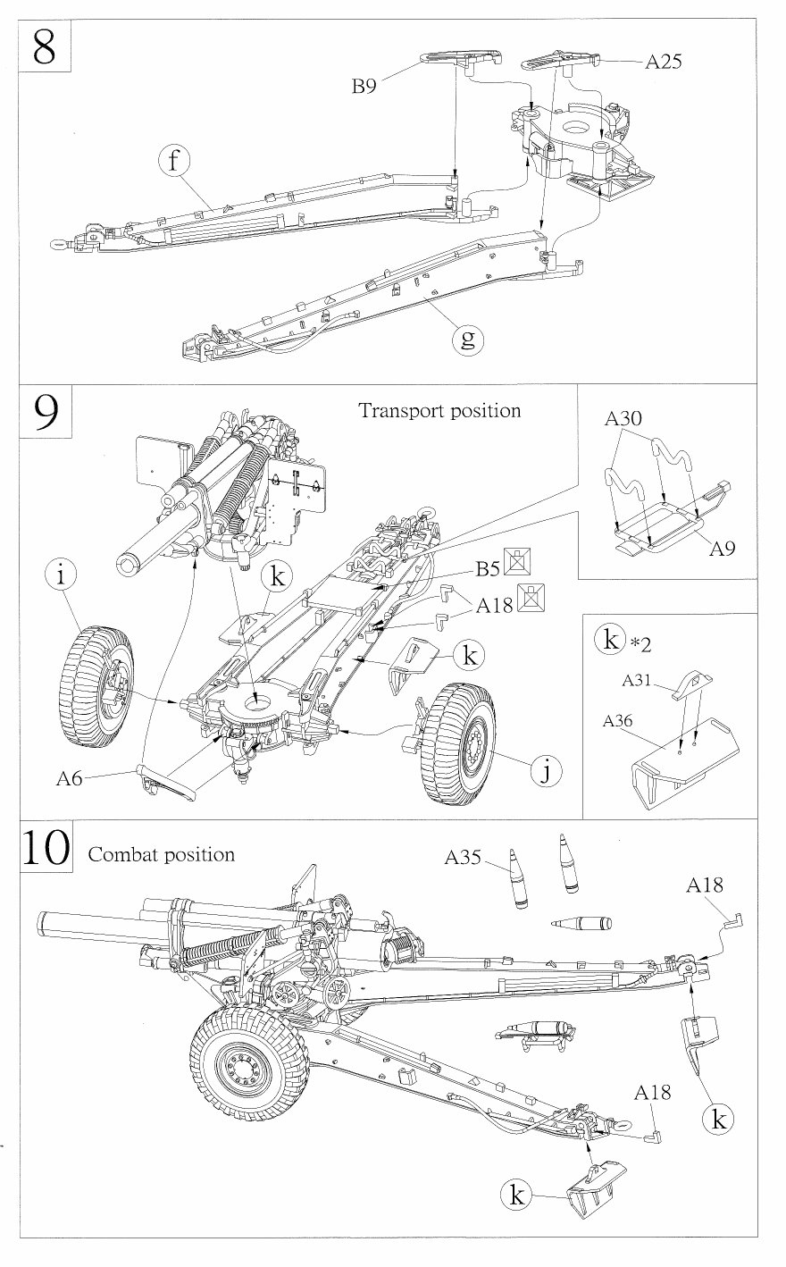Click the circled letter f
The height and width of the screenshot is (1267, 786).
coord(176,162)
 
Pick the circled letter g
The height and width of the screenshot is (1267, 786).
coord(467,339)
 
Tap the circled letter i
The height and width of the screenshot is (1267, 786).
coord(60,576)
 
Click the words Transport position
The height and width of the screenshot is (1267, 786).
coord(439,411)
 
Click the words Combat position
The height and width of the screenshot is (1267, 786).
coord(161,854)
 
